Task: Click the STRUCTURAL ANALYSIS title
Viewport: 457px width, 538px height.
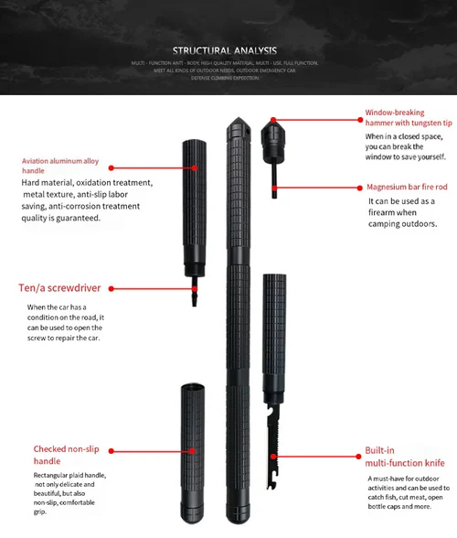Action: (x=228, y=51)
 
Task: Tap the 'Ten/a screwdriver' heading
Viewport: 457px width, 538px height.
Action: (x=60, y=288)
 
